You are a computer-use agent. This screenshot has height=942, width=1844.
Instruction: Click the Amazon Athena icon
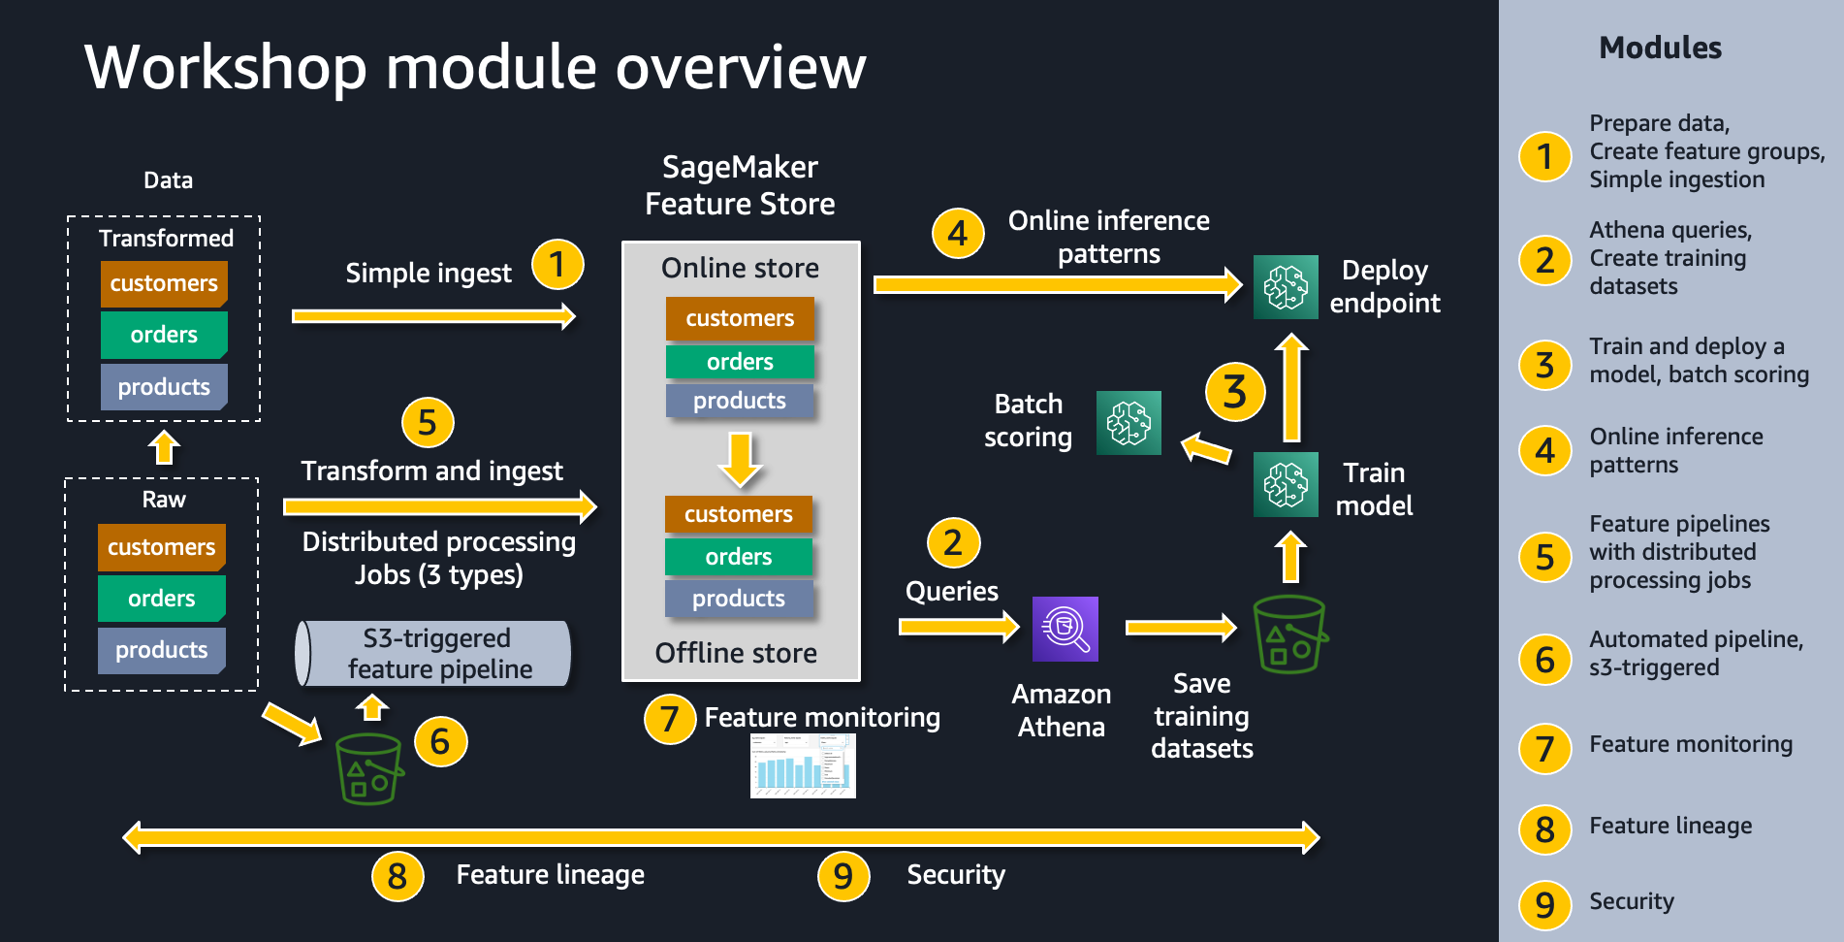(1065, 629)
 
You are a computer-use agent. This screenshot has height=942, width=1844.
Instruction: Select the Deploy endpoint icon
(1286, 287)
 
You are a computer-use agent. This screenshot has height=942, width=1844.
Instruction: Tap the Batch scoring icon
(1129, 423)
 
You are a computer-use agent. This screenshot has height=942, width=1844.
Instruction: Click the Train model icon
(1286, 484)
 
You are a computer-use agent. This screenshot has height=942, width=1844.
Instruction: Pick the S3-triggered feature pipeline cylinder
(433, 654)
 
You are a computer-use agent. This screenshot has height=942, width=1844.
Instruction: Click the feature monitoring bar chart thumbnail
(803, 766)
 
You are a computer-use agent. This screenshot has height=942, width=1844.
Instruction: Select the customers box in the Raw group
(161, 547)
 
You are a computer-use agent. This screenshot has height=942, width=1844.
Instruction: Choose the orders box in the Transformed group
(164, 335)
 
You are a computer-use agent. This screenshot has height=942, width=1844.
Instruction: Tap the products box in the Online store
(739, 401)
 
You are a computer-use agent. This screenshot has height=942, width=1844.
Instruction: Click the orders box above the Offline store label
(738, 557)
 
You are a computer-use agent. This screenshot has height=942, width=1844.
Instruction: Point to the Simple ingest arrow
(433, 316)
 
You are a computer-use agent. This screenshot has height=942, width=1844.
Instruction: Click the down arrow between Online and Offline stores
(740, 459)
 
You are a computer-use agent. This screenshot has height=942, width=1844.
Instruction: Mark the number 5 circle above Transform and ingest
(428, 422)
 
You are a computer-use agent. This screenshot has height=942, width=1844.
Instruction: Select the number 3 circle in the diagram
(1234, 392)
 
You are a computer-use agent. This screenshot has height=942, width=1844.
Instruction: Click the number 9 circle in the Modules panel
(1544, 904)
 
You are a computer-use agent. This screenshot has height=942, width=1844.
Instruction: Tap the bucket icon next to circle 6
(368, 768)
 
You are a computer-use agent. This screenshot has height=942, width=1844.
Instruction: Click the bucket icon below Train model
(1289, 634)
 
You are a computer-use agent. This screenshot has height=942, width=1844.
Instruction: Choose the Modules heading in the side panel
(1660, 48)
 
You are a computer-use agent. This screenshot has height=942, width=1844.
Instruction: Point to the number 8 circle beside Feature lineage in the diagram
(397, 876)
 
